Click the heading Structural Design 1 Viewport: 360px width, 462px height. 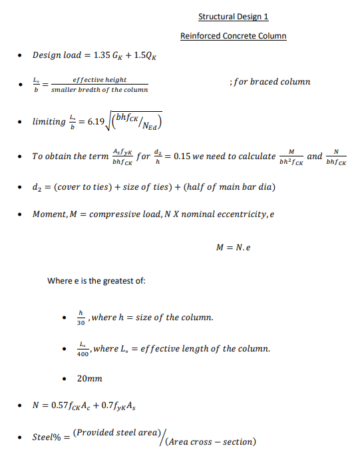(x=233, y=17)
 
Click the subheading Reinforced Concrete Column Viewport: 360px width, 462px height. (x=233, y=36)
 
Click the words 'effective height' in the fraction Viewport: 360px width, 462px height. (x=100, y=80)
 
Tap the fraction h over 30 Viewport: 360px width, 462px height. (x=81, y=318)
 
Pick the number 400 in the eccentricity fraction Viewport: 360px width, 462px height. (x=82, y=353)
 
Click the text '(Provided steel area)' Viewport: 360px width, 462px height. (x=112, y=433)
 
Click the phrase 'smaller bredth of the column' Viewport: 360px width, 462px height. (x=106, y=89)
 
